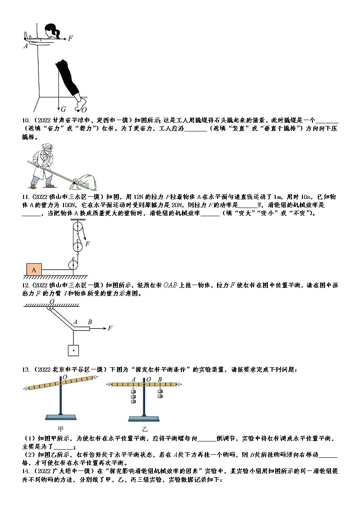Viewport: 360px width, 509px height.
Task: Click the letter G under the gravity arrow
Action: click(63, 109)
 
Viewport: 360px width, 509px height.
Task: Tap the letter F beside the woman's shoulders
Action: click(70, 39)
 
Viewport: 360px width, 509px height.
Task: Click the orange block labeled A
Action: click(34, 270)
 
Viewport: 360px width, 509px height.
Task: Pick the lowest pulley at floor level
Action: click(73, 263)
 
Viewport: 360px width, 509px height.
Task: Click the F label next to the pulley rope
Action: click(88, 244)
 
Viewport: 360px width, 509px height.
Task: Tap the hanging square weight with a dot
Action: click(73, 350)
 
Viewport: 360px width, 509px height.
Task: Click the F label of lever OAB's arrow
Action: click(110, 328)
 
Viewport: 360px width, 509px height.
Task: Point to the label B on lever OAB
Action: click(90, 322)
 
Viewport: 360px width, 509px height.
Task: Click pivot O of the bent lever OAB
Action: click(52, 302)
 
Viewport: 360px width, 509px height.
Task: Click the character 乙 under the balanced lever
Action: click(145, 428)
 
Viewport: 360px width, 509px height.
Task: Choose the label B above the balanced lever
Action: click(160, 380)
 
